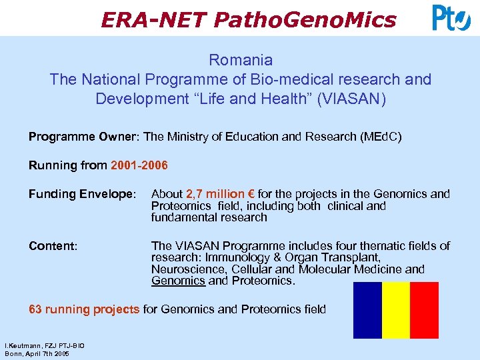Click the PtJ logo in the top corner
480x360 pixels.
tap(451, 17)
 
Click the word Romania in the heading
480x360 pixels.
tap(240, 60)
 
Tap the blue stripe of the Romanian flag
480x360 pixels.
tap(367, 310)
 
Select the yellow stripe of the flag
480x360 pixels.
tap(395, 310)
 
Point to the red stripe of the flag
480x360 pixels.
tap(424, 310)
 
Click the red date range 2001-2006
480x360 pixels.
tap(139, 165)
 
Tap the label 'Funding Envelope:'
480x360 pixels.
tap(82, 194)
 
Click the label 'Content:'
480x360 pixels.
tap(53, 246)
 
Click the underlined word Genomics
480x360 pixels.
tap(178, 281)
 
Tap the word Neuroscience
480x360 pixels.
tap(188, 269)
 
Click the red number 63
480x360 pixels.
tap(35, 309)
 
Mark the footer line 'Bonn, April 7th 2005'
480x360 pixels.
tap(36, 353)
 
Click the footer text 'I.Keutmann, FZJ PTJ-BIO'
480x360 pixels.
tap(44, 346)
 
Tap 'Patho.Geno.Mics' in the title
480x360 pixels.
tap(305, 20)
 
